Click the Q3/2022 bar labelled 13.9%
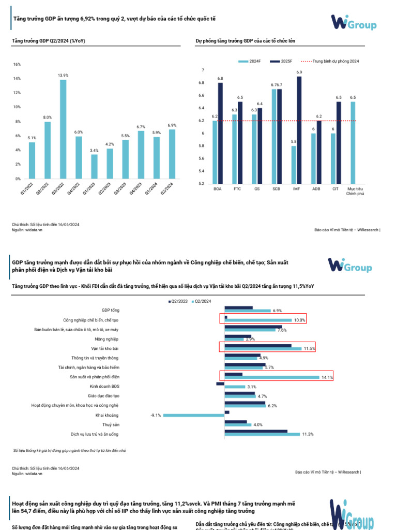point(63,129)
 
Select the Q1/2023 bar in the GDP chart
point(94,166)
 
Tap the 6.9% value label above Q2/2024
point(172,125)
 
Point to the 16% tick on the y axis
point(17,64)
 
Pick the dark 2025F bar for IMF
point(299,130)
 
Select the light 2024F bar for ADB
point(313,158)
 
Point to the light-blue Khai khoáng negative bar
point(194,415)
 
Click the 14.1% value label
point(327,377)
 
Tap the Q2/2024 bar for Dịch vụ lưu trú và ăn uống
point(262,434)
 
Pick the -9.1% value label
point(156,415)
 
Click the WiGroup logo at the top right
point(354,22)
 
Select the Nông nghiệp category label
point(106,338)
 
